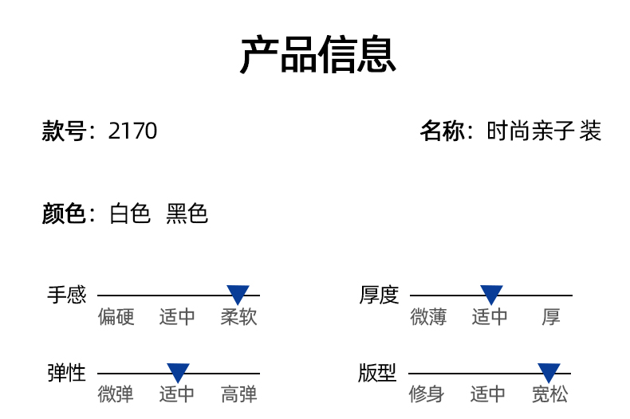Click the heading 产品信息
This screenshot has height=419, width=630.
[318, 55]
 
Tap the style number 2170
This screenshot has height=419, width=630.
[132, 131]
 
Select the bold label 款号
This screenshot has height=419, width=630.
[63, 131]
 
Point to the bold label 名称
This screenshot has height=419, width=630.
[442, 131]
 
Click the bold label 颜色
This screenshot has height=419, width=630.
[63, 213]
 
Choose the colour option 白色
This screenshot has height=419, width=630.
[130, 213]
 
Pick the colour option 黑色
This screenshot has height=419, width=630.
[187, 213]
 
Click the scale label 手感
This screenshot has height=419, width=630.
[66, 296]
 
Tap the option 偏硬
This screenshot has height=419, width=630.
[116, 317]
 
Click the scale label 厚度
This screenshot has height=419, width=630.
[379, 296]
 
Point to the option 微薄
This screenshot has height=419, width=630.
[429, 317]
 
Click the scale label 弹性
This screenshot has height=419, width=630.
[66, 373]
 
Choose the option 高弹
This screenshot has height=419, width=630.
[239, 394]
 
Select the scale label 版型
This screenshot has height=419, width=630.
[377, 373]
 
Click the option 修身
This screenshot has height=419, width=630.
[427, 394]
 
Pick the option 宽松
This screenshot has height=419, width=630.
[550, 394]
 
